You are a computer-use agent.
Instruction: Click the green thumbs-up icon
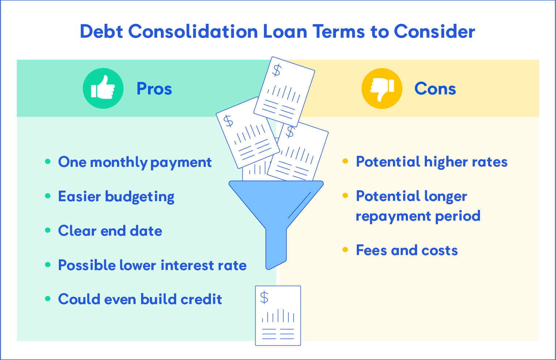[x=103, y=89]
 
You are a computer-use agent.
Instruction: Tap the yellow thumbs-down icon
[x=382, y=89]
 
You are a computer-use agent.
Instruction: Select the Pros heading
[x=154, y=89]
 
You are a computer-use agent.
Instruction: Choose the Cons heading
[x=435, y=89]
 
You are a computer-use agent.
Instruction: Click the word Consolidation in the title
[x=193, y=31]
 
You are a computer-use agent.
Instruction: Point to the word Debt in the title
[x=102, y=31]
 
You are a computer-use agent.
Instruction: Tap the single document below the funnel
[x=278, y=315]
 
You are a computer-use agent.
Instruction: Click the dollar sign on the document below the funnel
[x=264, y=298]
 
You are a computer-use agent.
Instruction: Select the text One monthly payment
[x=135, y=162]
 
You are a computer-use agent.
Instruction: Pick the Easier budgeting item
[x=116, y=196]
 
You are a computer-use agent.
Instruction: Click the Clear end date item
[x=110, y=231]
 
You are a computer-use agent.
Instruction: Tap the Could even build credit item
[x=140, y=299]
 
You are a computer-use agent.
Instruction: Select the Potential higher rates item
[x=432, y=162]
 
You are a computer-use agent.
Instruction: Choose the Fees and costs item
[x=407, y=250]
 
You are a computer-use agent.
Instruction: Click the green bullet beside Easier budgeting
[x=48, y=196]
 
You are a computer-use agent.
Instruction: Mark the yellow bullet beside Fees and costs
[x=345, y=250]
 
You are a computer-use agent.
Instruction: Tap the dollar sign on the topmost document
[x=277, y=70]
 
